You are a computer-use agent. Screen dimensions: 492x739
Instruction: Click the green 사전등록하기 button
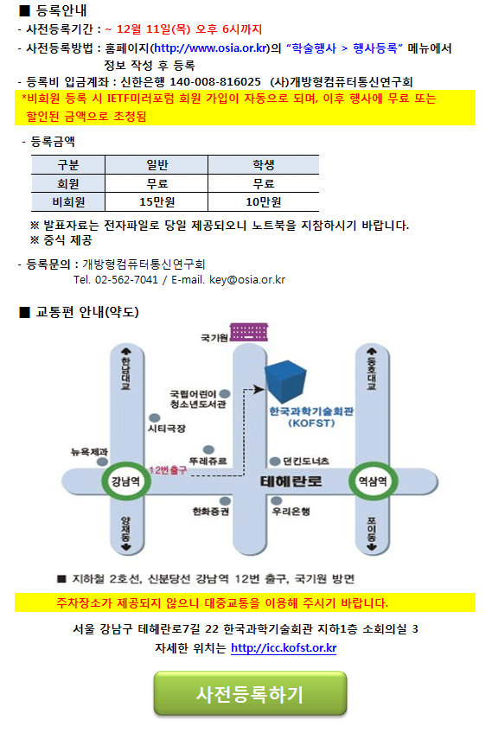(x=250, y=693)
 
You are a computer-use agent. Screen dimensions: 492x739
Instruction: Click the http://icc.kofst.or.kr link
(x=284, y=648)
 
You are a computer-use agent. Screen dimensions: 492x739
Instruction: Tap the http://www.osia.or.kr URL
(x=211, y=48)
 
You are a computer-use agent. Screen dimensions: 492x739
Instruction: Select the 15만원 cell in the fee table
(x=157, y=201)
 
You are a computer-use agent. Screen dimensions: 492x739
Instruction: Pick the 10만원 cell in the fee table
(x=263, y=201)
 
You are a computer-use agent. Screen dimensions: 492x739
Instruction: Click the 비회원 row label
(x=68, y=201)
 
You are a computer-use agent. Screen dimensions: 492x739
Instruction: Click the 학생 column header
(x=263, y=164)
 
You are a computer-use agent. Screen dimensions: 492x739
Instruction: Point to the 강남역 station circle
(x=125, y=481)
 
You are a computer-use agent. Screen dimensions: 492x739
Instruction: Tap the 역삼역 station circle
(x=373, y=481)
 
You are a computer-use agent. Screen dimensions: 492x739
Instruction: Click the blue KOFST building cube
(x=286, y=380)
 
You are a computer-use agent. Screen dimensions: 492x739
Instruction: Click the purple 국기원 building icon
(x=249, y=331)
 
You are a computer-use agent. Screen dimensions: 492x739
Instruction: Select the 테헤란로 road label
(x=291, y=481)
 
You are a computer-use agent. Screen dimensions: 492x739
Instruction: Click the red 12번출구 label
(x=168, y=470)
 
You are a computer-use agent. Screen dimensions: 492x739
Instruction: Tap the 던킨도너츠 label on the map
(x=306, y=461)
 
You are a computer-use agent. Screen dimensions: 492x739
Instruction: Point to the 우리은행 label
(x=291, y=511)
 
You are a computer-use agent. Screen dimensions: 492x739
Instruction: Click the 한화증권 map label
(x=211, y=511)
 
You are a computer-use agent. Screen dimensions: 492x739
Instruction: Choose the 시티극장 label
(x=167, y=429)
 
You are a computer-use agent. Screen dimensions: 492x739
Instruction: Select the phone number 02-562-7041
(x=126, y=279)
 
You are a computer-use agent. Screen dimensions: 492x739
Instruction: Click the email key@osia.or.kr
(x=247, y=279)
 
